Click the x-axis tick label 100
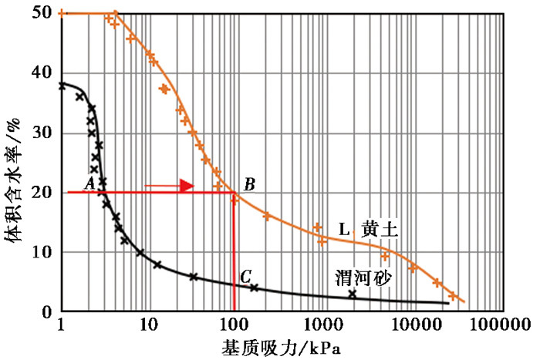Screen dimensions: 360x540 point(234,328)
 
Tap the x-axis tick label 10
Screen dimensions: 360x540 point(147,328)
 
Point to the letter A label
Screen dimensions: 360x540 point(89,183)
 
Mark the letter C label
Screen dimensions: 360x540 point(245,276)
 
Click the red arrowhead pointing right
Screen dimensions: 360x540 point(186,185)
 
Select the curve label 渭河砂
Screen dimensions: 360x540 point(357,275)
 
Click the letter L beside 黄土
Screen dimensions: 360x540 point(344,229)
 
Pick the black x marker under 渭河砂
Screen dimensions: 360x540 point(353,294)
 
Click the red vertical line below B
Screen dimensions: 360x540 point(234,254)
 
